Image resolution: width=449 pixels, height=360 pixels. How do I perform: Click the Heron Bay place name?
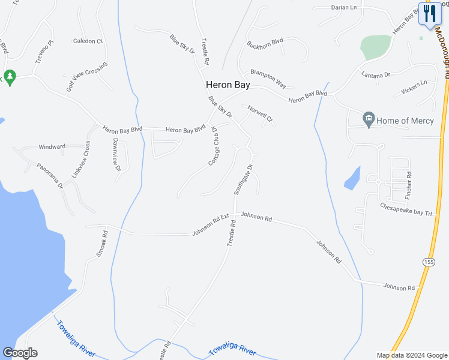228,85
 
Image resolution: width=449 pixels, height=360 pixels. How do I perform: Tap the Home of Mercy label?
405,121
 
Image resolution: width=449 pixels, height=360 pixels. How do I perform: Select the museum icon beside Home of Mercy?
369,120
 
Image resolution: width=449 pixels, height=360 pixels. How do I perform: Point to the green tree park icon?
8,77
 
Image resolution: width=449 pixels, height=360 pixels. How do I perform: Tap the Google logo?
20,353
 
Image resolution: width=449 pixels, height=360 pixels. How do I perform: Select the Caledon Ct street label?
88,41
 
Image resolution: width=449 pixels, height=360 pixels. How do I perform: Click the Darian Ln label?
344,8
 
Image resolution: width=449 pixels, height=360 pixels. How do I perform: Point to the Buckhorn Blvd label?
265,44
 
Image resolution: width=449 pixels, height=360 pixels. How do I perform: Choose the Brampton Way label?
268,78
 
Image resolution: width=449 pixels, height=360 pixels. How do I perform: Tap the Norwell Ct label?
261,115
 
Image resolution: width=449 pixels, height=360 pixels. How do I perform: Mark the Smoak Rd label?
102,244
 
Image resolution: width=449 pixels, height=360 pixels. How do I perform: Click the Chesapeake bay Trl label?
406,209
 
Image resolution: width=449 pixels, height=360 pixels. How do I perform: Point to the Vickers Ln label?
415,87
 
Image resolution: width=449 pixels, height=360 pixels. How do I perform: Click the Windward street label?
52,146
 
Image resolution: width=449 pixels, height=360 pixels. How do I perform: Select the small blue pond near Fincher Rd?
352,178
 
